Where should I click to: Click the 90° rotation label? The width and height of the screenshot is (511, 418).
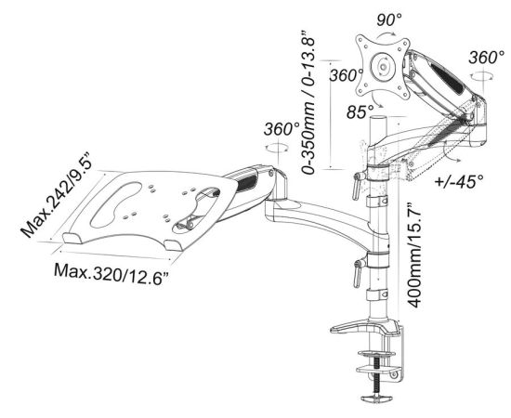pyautogui.click(x=389, y=20)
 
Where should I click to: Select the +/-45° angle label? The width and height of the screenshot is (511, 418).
pyautogui.click(x=460, y=180)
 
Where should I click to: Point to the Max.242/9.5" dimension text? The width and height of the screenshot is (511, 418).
pyautogui.click(x=54, y=194)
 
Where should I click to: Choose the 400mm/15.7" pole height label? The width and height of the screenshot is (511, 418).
pyautogui.click(x=414, y=255)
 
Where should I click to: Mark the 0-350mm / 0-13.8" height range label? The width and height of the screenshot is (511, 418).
pyautogui.click(x=308, y=101)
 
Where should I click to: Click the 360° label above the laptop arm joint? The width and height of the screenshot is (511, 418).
pyautogui.click(x=282, y=129)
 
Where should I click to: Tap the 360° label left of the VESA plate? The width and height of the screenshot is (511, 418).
pyautogui.click(x=347, y=75)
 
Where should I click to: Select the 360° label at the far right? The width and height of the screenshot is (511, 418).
pyautogui.click(x=487, y=58)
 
